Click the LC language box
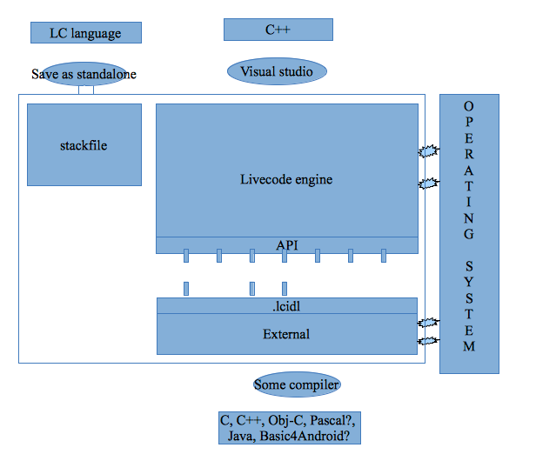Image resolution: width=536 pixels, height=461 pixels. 86,33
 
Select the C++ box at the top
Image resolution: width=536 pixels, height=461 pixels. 278,30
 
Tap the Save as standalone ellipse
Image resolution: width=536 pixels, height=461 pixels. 84,74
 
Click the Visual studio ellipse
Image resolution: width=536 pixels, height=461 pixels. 277,71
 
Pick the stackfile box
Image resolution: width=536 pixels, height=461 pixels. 84,144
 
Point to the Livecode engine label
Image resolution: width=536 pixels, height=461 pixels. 286,180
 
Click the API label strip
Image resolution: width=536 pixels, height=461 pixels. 287,245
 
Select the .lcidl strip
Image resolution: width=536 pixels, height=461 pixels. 286,306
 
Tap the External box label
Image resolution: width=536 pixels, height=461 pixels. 286,334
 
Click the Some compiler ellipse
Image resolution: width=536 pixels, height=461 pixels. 297,384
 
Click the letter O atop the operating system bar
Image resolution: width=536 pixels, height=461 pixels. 469,105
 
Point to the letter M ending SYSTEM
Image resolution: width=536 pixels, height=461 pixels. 469,347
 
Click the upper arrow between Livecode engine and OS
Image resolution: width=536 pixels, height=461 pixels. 428,151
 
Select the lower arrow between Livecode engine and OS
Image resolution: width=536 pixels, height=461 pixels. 428,183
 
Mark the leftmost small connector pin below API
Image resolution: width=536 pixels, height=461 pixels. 186,256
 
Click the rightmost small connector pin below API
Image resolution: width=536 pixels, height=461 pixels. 383,256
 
